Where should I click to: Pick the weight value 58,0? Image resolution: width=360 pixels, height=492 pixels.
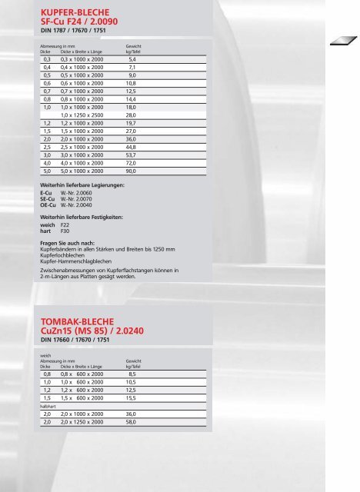tap(132, 422)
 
